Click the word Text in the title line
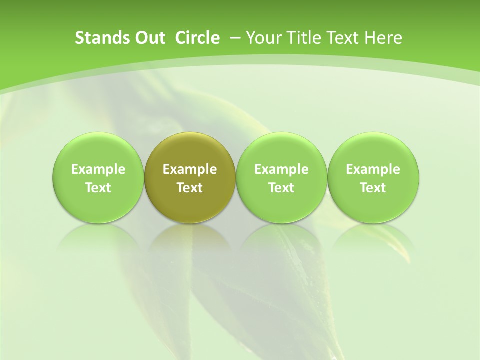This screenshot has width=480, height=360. pos(343,38)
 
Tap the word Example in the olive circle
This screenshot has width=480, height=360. pos(190,169)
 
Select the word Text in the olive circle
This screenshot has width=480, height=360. pos(190,188)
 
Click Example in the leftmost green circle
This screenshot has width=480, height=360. pos(98,169)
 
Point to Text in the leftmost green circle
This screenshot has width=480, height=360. pos(98,188)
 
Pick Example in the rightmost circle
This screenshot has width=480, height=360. pos(373,169)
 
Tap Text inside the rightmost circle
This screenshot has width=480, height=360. pos(373,188)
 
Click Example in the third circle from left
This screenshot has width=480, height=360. pos(281,169)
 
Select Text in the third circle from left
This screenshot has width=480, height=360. pos(281,188)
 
